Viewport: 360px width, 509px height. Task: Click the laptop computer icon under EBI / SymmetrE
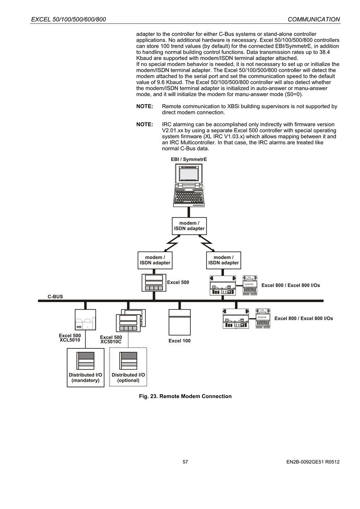tap(189, 185)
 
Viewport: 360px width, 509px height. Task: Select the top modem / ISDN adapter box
tap(189, 226)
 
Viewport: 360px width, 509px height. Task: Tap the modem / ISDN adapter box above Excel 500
tap(155, 260)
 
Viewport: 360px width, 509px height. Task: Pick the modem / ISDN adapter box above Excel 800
tap(224, 260)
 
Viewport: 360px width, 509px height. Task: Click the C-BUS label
tap(55, 297)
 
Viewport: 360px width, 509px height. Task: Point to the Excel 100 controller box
tap(180, 322)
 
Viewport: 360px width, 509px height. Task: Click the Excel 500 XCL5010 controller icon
tap(85, 319)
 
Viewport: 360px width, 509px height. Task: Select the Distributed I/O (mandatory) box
tap(85, 368)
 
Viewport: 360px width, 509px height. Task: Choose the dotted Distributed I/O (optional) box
tap(128, 367)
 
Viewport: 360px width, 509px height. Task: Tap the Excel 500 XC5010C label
tap(111, 339)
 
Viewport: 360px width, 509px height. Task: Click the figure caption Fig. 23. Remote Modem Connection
tap(185, 396)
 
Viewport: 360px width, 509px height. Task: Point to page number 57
tap(185, 462)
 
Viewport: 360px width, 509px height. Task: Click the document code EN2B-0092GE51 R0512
tap(313, 462)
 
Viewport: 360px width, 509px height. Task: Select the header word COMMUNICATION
tap(314, 19)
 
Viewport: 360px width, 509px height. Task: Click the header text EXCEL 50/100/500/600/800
tap(68, 19)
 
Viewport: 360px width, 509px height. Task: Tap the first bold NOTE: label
tap(145, 106)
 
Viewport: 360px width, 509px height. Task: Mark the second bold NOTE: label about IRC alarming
tap(145, 124)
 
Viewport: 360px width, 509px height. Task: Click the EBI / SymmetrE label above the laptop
tap(189, 159)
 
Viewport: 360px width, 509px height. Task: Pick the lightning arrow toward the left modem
tap(172, 243)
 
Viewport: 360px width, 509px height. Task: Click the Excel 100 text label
tap(180, 341)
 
